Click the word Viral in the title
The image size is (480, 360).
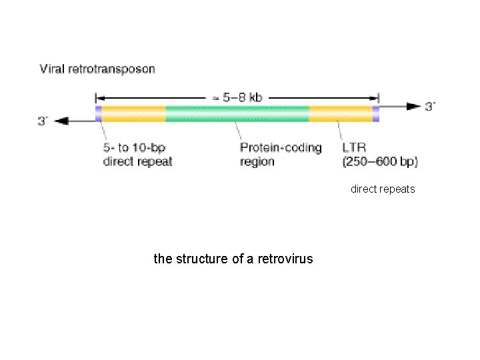(x=53, y=68)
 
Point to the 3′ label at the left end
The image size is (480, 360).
(x=45, y=121)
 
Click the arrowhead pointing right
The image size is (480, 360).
(x=415, y=107)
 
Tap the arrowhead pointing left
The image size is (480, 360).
(x=63, y=120)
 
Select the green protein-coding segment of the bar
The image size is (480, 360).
(x=237, y=113)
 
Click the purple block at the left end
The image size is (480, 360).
(x=98, y=113)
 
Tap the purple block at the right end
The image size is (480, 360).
(x=376, y=113)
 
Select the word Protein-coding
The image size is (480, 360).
(x=280, y=148)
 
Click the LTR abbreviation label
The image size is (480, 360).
(x=353, y=148)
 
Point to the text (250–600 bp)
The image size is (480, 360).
(x=379, y=162)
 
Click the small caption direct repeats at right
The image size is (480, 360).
(x=383, y=189)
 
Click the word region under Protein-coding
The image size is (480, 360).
(x=257, y=162)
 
